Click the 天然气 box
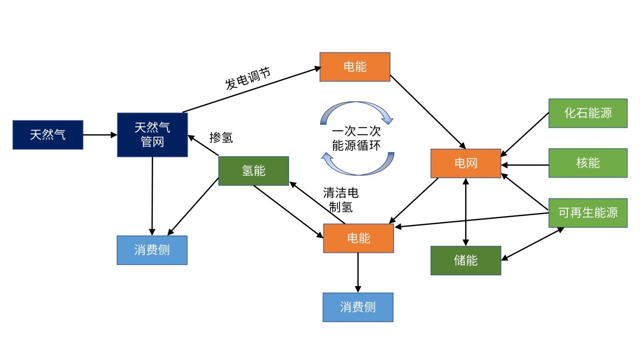(x=48, y=135)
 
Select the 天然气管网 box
(x=152, y=135)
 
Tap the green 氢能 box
(x=253, y=171)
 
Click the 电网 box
(x=466, y=163)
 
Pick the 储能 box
(x=466, y=260)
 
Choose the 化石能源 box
(x=588, y=113)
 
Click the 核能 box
(x=588, y=163)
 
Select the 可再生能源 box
(x=588, y=213)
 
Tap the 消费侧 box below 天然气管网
(x=152, y=250)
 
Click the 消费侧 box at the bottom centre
(x=358, y=307)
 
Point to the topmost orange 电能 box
(x=355, y=67)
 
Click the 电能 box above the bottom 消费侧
(x=358, y=238)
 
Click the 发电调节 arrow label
(x=248, y=78)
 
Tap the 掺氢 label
(x=221, y=138)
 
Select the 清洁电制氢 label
(x=341, y=200)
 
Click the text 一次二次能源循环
(x=357, y=138)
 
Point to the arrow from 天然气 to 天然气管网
(x=100, y=135)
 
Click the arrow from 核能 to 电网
(x=525, y=165)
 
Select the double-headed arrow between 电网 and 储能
(x=466, y=212)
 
